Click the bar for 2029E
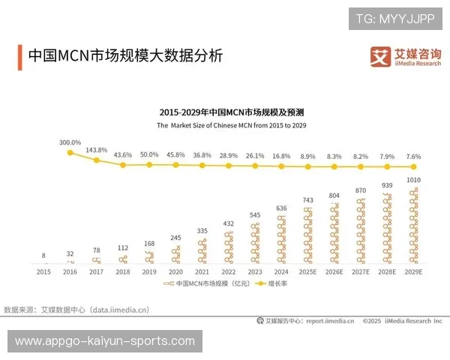pos(413,225)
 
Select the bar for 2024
pos(280,239)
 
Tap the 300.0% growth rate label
pos(70,142)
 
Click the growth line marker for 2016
pos(70,152)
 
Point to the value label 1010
pos(413,181)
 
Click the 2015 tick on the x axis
pos(44,274)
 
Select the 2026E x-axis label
pos(334,274)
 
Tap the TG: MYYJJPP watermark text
pos(394,18)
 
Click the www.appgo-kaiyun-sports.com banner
pos(105,341)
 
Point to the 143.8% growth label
pos(97,149)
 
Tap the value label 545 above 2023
pos(254,214)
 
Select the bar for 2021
pos(202,251)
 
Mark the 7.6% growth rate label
pos(413,156)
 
